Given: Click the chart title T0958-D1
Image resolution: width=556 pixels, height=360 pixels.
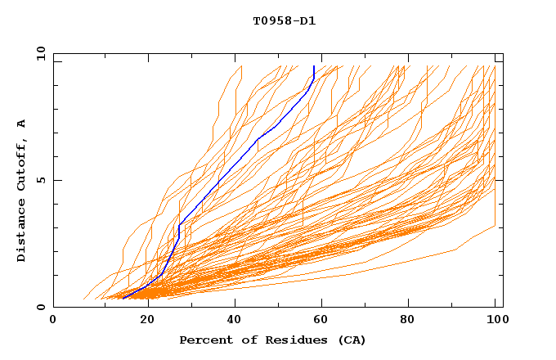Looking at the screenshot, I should click(284, 20).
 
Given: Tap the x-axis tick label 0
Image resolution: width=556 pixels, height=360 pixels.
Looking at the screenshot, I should click(53, 321).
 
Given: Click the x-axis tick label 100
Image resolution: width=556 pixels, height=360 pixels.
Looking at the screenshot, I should click(495, 321).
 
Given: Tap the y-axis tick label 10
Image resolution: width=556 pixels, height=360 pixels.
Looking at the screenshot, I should click(40, 53).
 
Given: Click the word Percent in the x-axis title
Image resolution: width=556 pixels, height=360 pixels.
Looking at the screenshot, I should click(203, 340).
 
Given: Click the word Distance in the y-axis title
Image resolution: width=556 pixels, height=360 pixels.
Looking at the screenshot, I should click(21, 232).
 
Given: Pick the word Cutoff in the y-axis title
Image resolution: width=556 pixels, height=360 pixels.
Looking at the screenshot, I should click(21, 164).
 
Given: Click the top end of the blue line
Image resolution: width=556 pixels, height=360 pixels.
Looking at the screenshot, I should click(314, 66).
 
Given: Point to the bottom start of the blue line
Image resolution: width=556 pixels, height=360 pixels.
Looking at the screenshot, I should click(122, 299).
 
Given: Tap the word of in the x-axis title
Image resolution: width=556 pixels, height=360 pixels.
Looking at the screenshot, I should click(240, 340).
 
